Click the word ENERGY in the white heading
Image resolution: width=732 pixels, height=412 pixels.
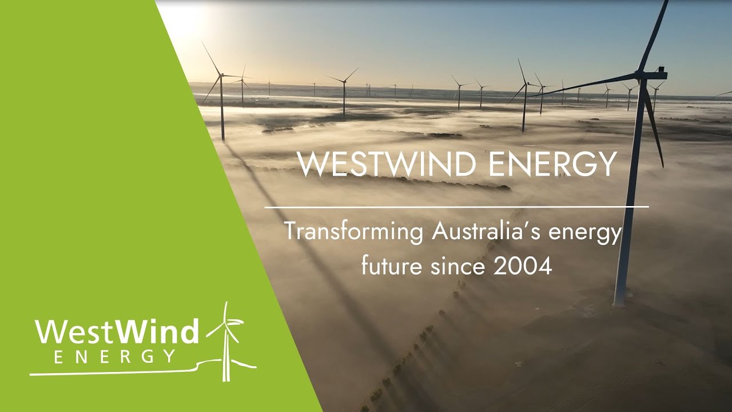click(551, 164)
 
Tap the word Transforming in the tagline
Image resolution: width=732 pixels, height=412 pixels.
click(354, 233)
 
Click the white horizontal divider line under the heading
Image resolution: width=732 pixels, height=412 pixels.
click(456, 207)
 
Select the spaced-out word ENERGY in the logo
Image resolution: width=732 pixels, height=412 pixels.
click(114, 356)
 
